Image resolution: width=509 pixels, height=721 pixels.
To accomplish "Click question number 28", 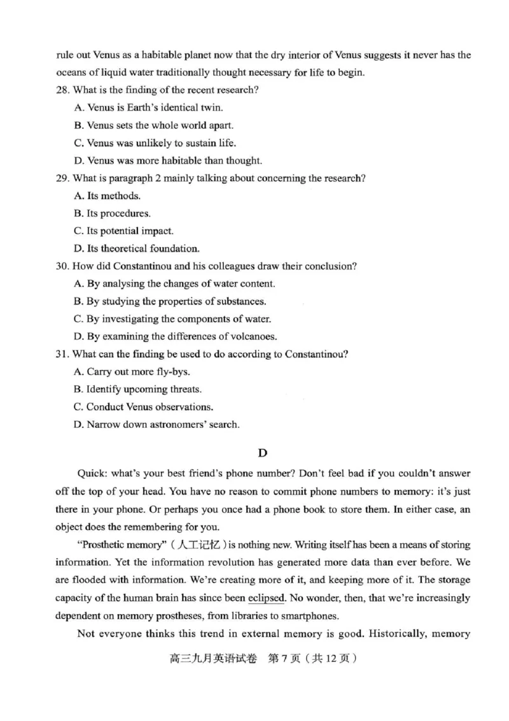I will pyautogui.click(x=62, y=90).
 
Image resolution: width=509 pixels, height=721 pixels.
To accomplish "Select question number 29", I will pyautogui.click(x=62, y=178).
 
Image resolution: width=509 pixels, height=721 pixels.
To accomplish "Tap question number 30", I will pyautogui.click(x=62, y=266).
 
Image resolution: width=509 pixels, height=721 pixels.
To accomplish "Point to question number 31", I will pyautogui.click(x=62, y=354).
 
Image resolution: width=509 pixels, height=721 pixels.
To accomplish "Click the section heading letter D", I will pyautogui.click(x=262, y=453).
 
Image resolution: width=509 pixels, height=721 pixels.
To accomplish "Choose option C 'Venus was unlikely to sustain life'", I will pyautogui.click(x=155, y=143).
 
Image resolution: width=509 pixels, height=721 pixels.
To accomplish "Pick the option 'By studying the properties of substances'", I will pyautogui.click(x=170, y=301).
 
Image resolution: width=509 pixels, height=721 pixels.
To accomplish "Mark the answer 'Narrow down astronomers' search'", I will pyautogui.click(x=157, y=424).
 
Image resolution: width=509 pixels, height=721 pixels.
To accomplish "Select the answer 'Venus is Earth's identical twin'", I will pyautogui.click(x=148, y=108).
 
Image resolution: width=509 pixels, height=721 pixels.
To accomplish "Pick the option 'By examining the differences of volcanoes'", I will pyautogui.click(x=175, y=336).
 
